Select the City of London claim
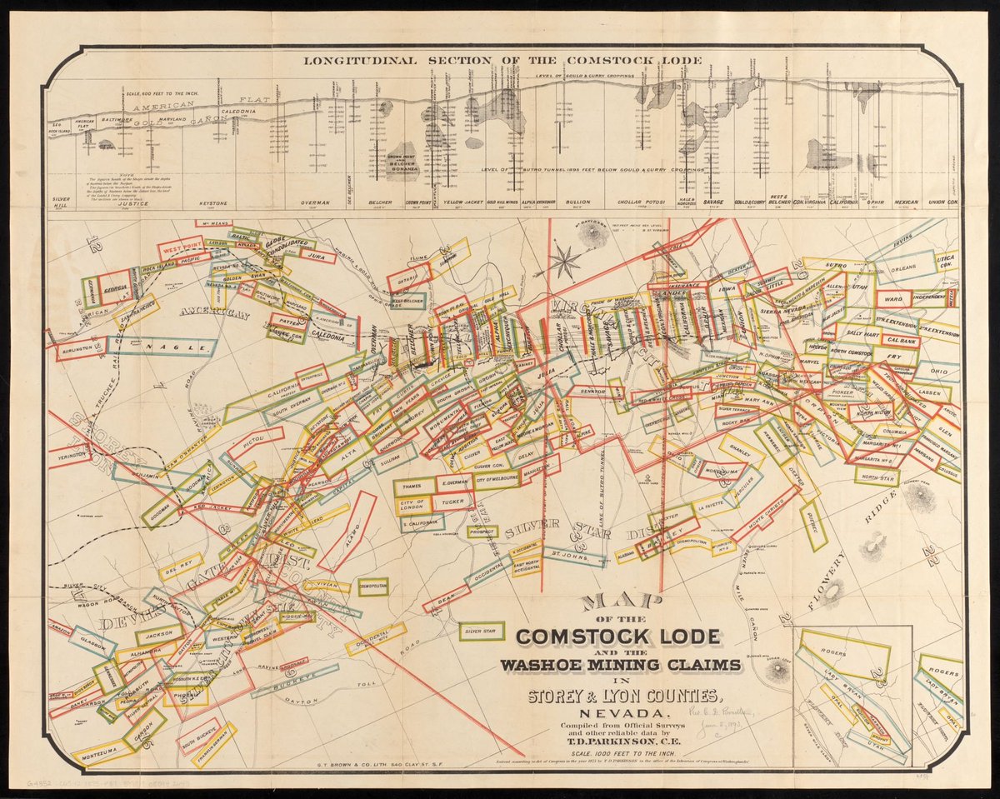pyautogui.click(x=413, y=505)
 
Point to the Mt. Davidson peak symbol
pyautogui.click(x=590, y=237)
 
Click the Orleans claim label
pyautogui.click(x=902, y=268)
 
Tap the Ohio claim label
pyautogui.click(x=937, y=371)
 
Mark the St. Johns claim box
pyautogui.click(x=573, y=555)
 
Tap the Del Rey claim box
pyautogui.click(x=180, y=566)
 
